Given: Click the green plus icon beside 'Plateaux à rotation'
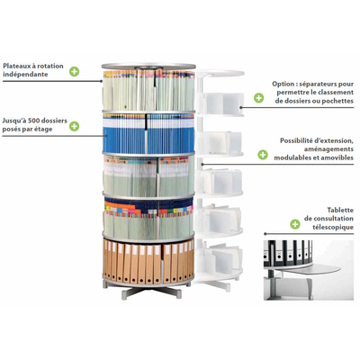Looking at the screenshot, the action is (x=74, y=71).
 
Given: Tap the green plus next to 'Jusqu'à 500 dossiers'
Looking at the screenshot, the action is (x=74, y=126).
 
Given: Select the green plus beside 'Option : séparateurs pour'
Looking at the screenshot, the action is (x=258, y=98).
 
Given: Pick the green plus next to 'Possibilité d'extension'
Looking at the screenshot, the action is (x=263, y=155).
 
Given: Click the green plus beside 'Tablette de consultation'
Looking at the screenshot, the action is (x=295, y=224).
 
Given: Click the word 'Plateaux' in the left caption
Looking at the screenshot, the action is (x=16, y=66).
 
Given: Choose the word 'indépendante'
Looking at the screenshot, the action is (x=25, y=75).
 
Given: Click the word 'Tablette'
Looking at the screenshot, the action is (x=340, y=210).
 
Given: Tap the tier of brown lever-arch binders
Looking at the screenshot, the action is (x=148, y=260).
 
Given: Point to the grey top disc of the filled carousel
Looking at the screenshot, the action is (x=148, y=67).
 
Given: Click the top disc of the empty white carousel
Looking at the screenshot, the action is (x=220, y=73).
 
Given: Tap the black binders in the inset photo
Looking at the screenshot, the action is (x=288, y=252).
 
